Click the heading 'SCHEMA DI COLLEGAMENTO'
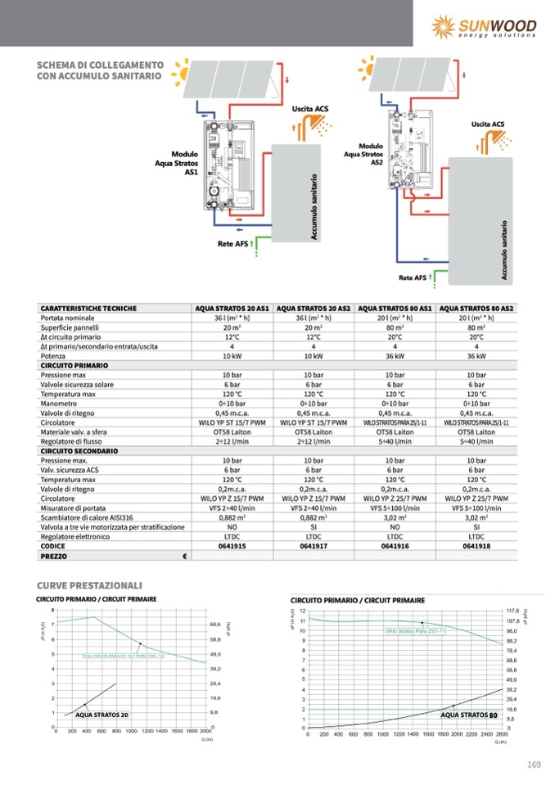coord(101,65)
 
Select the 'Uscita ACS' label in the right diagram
coord(488,124)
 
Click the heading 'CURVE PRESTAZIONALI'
coord(90,585)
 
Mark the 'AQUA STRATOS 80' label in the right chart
coord(469,715)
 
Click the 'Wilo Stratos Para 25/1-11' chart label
coord(416,631)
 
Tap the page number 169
coord(534,765)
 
